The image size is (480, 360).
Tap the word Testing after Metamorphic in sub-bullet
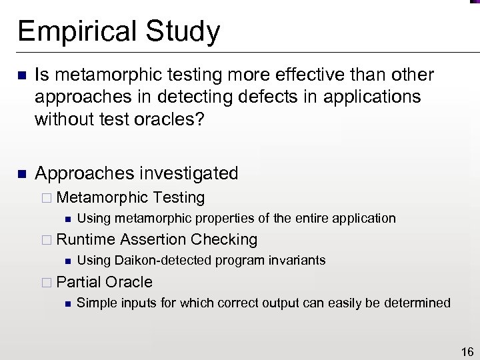(178, 197)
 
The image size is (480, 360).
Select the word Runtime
(86, 239)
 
